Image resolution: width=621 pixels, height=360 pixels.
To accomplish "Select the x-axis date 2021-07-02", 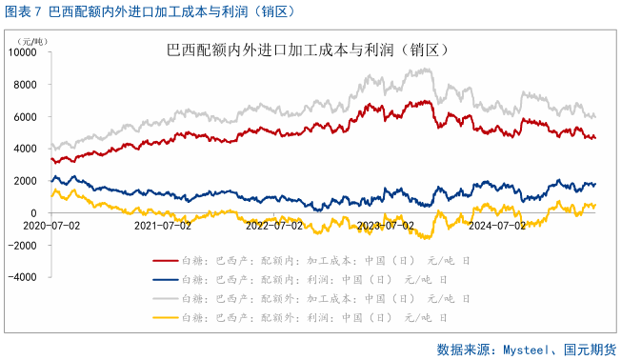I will pos(162,226).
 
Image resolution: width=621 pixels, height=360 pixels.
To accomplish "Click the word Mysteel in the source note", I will pos(522,349).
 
